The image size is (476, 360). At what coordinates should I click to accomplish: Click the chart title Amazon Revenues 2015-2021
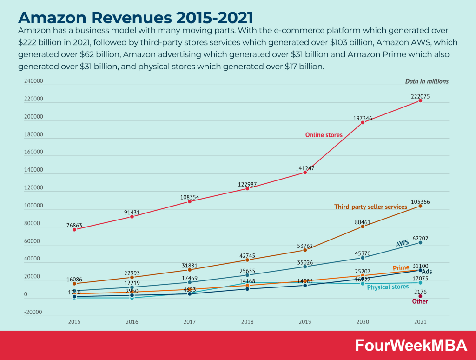(135, 17)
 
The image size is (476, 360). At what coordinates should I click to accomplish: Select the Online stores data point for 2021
(420, 100)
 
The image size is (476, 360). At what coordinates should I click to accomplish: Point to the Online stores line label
(324, 135)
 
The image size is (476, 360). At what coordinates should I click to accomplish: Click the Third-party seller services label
(370, 207)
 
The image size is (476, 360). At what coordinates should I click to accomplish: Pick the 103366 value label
(420, 202)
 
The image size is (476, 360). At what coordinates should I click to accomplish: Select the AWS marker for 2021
(420, 242)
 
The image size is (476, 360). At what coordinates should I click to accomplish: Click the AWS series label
(402, 244)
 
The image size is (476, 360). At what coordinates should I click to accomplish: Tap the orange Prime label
(401, 268)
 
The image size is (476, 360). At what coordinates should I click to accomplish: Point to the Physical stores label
(388, 287)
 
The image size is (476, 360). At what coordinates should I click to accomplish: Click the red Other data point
(420, 296)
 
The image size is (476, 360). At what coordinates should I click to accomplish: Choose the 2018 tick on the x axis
(247, 321)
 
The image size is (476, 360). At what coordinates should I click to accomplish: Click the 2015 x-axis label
(74, 321)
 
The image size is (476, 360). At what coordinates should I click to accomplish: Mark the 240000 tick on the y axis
(33, 81)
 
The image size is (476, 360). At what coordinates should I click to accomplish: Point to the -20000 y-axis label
(33, 312)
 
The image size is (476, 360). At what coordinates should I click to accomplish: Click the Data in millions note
(427, 81)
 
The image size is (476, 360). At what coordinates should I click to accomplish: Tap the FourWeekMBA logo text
(411, 345)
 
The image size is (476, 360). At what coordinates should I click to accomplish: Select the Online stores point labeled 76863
(74, 229)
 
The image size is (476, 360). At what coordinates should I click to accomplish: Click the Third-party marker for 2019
(305, 250)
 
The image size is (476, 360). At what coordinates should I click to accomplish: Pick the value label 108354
(190, 197)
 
